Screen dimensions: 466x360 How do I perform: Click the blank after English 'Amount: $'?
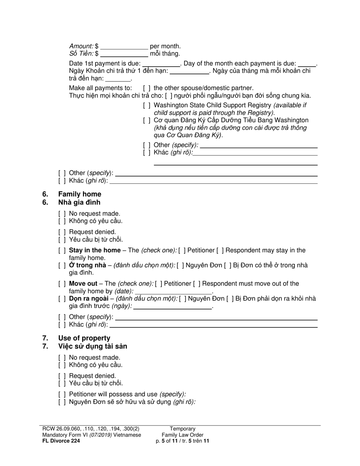pyautogui.click(x=124, y=47)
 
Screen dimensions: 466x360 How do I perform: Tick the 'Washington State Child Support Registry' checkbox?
pyautogui.click(x=147, y=105)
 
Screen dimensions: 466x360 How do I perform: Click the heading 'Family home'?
pyautogui.click(x=80, y=194)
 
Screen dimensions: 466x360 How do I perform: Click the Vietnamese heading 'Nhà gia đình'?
pyautogui.click(x=79, y=202)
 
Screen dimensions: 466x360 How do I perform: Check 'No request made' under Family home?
pyautogui.click(x=62, y=214)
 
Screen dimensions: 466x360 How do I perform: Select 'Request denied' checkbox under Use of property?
pyautogui.click(x=62, y=376)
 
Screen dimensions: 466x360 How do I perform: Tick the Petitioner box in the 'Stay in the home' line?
pyautogui.click(x=182, y=250)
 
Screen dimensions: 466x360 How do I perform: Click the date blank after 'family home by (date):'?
pyautogui.click(x=173, y=292)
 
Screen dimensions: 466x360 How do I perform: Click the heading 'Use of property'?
pyautogui.click(x=84, y=338)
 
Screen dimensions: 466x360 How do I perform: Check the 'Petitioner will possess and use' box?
pyautogui.click(x=62, y=394)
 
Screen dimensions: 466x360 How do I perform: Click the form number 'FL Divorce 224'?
pyautogui.click(x=61, y=441)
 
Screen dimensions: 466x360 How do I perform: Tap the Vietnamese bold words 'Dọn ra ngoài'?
pyautogui.click(x=88, y=299)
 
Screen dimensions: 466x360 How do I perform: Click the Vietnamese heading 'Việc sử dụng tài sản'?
pyautogui.click(x=92, y=346)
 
